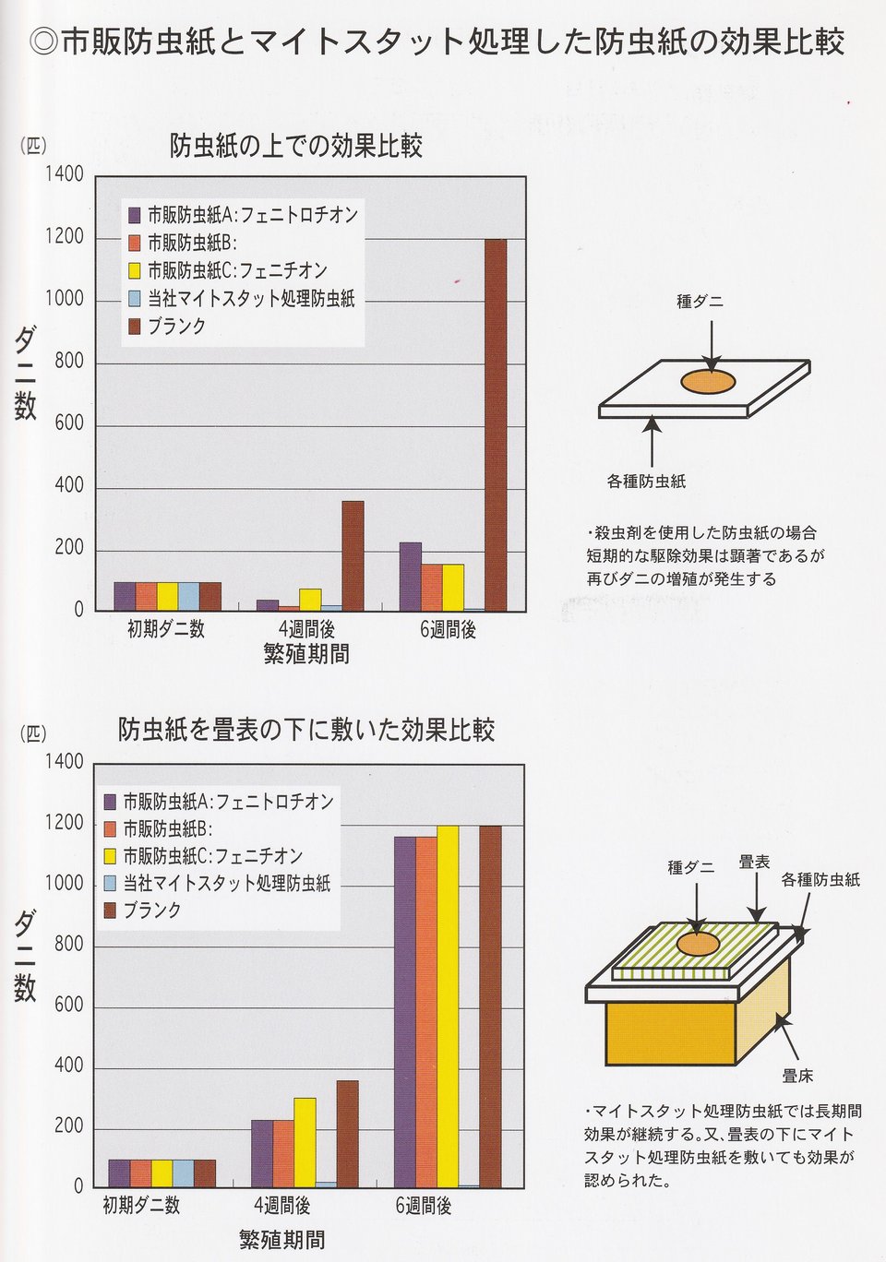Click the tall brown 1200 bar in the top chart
click(x=496, y=424)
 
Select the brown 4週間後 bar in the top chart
click(x=353, y=555)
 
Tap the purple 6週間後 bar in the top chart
click(x=411, y=577)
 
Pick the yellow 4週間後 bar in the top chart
click(x=310, y=600)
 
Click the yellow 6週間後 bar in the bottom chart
click(x=448, y=1006)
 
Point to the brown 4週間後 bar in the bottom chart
click(x=347, y=1134)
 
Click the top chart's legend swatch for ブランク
click(x=135, y=327)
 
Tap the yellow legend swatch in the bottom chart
click(x=111, y=857)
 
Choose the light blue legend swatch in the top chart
click(x=135, y=299)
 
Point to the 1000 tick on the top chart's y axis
click(x=65, y=299)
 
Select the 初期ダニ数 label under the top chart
click(x=166, y=630)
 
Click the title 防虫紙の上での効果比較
click(x=295, y=146)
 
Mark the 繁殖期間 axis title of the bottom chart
click(x=281, y=1240)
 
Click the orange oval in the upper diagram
click(x=708, y=381)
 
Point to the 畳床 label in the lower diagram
click(x=797, y=1077)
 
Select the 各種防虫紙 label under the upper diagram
click(x=646, y=481)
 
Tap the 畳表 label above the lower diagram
click(x=754, y=862)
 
